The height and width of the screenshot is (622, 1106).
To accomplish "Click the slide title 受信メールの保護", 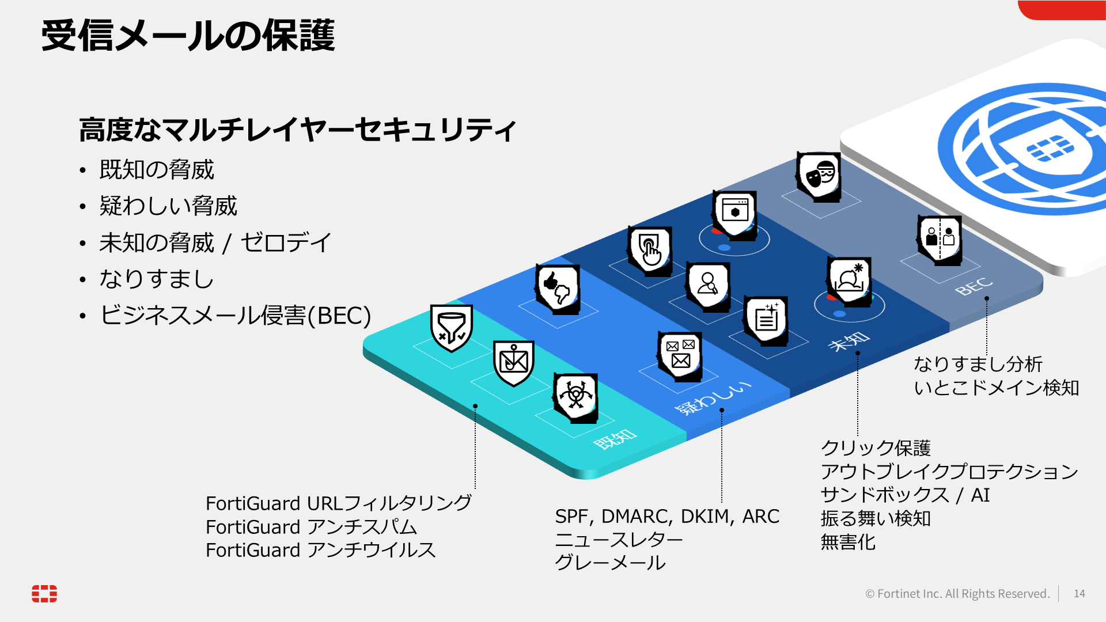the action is (188, 36).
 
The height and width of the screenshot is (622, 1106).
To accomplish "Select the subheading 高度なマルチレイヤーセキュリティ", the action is (297, 130).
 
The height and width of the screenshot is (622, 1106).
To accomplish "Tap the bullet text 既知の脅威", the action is (157, 170).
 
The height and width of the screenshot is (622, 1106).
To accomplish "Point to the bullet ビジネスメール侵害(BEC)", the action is (235, 316).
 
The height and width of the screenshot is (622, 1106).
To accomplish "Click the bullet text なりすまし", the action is (156, 279).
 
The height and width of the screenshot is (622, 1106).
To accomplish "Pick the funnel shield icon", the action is (452, 328).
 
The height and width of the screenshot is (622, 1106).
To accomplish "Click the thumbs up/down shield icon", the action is (557, 289).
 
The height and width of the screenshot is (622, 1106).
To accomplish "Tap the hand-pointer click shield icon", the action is (650, 251).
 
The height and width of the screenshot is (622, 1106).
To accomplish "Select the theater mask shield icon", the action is (819, 177).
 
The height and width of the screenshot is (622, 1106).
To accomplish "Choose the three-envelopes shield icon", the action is (680, 356).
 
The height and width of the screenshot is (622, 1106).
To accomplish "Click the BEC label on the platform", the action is (974, 286).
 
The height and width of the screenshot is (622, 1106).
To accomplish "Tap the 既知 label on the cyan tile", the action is (615, 439).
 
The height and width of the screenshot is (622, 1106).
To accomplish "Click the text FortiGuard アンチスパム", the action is (312, 527).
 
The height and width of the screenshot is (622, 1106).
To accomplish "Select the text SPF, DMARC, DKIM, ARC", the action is (667, 517).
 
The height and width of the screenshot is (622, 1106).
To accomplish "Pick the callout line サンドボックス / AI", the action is (905, 495).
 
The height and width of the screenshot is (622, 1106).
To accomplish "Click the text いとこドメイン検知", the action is (997, 388).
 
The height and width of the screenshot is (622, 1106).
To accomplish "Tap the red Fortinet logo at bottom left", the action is (44, 594).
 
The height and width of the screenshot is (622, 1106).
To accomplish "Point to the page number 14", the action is (1080, 594).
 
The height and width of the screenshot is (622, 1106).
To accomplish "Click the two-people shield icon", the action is (939, 240).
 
